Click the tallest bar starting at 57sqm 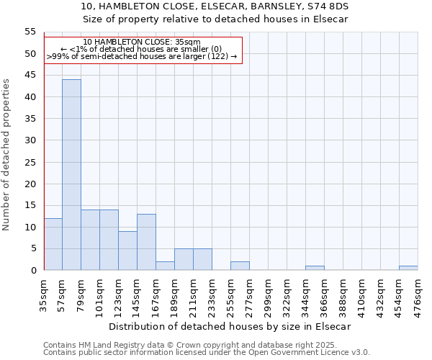pyautogui.click(x=71, y=175)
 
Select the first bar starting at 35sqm pyautogui.click(x=53, y=244)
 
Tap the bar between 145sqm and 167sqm pyautogui.click(x=146, y=242)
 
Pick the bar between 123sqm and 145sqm pyautogui.click(x=127, y=251)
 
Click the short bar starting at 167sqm pyautogui.click(x=165, y=266)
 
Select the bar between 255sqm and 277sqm pyautogui.click(x=240, y=266)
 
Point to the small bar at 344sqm pyautogui.click(x=315, y=268)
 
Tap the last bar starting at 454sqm pyautogui.click(x=408, y=268)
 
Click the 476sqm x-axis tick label pyautogui.click(x=418, y=294)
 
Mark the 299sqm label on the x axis pyautogui.click(x=269, y=294)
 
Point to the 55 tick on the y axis pyautogui.click(x=30, y=32)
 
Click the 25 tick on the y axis pyautogui.click(x=30, y=162)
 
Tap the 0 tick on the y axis pyautogui.click(x=33, y=271)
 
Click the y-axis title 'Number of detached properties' pyautogui.click(x=6, y=154)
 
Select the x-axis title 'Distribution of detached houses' pyautogui.click(x=230, y=326)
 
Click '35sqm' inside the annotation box pyautogui.click(x=189, y=42)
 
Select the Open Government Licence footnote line pyautogui.click(x=207, y=352)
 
